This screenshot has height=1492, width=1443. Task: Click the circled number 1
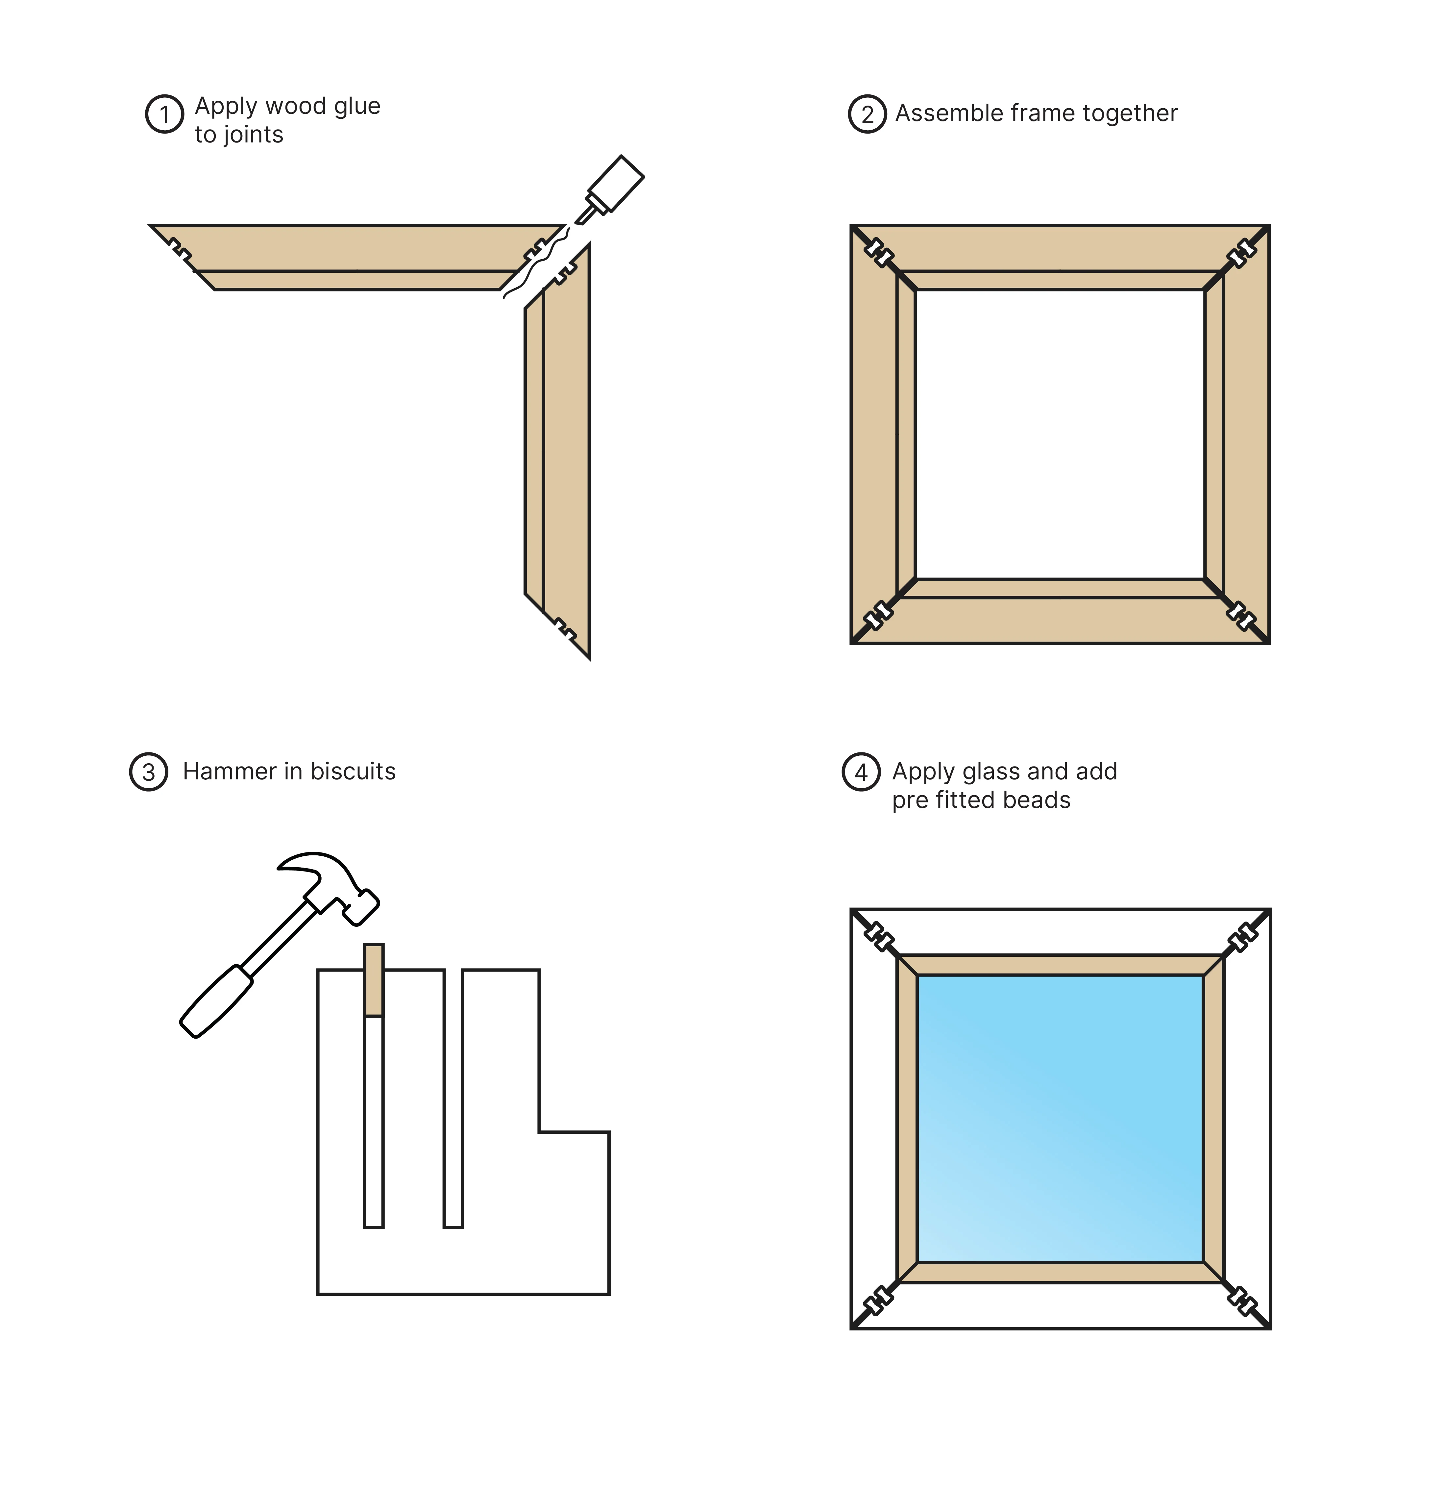pyautogui.click(x=164, y=114)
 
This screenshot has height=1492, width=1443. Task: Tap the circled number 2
pyautogui.click(x=868, y=114)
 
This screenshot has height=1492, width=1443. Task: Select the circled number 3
pyautogui.click(x=148, y=772)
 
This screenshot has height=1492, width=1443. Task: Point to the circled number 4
pyautogui.click(x=861, y=772)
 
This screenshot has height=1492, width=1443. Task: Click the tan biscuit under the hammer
pyautogui.click(x=374, y=980)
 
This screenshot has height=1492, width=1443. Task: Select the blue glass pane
pyautogui.click(x=1060, y=1119)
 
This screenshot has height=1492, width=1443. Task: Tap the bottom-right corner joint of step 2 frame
pyautogui.click(x=1240, y=615)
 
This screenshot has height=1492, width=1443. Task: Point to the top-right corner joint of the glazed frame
pyautogui.click(x=1242, y=937)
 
